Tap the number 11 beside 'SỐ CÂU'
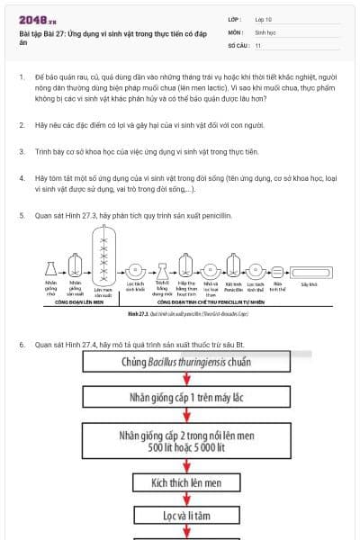(258, 44)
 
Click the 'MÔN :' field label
(236, 31)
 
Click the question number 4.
(22, 177)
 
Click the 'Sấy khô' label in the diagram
(309, 283)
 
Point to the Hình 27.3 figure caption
(181, 314)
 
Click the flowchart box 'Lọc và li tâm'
(186, 517)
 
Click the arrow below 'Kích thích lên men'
(186, 500)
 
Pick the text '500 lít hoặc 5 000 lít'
(186, 447)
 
